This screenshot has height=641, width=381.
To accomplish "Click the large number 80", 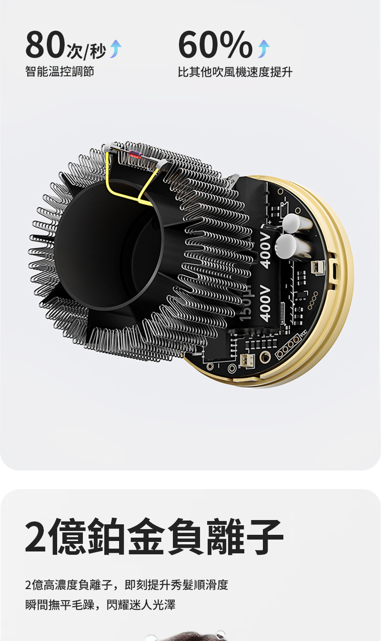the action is tap(46, 45).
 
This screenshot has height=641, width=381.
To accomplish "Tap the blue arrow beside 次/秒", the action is tap(116, 49).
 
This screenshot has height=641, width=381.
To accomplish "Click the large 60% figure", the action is tap(216, 44).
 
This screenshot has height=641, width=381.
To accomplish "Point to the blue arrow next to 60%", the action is tap(263, 49).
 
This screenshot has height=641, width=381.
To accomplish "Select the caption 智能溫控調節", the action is tap(60, 71).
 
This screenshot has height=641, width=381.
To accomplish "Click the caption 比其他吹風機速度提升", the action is tap(235, 71).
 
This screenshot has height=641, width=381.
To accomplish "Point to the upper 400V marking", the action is tap(266, 250).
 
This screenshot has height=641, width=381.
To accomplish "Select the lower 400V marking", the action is tap(266, 303).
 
